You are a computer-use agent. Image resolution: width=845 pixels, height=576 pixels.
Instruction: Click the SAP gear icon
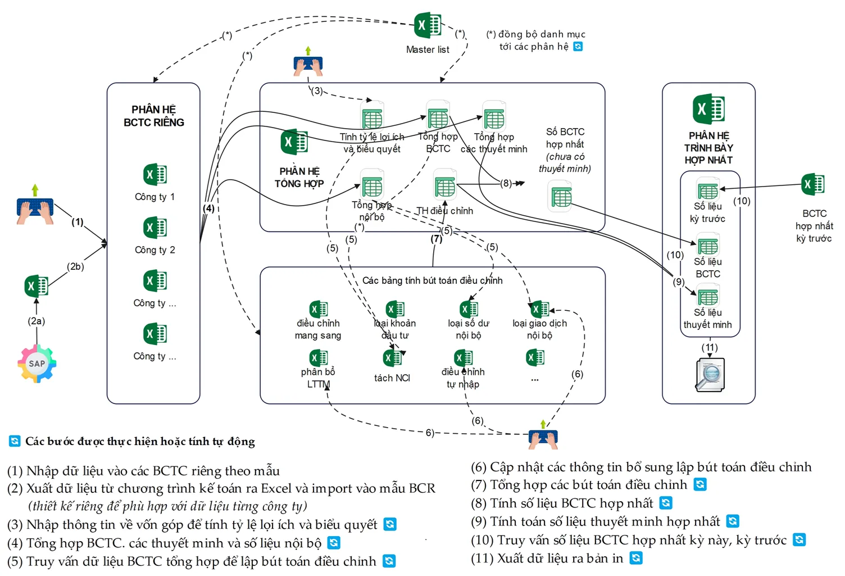click(x=37, y=364)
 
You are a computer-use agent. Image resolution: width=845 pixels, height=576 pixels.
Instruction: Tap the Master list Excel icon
click(x=428, y=25)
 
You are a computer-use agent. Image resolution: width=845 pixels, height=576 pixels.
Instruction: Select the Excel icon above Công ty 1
click(x=155, y=175)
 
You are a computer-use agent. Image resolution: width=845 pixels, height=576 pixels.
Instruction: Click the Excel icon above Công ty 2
click(x=155, y=228)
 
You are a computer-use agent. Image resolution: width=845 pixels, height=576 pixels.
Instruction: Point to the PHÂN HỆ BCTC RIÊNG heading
click(x=153, y=116)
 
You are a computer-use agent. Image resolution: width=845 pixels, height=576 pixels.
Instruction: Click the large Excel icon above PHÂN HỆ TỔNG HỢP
click(x=294, y=142)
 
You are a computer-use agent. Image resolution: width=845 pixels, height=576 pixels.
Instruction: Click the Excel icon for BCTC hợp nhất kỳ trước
click(x=813, y=184)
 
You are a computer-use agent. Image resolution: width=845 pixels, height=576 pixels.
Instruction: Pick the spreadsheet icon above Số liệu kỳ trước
click(x=708, y=191)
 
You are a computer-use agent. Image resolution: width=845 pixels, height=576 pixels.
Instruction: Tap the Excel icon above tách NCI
click(x=392, y=358)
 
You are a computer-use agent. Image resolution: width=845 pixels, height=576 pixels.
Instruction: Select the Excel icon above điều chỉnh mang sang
click(x=319, y=309)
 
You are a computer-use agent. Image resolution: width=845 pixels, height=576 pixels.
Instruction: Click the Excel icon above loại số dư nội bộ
click(x=469, y=309)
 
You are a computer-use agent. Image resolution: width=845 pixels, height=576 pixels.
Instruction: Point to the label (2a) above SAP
click(x=37, y=321)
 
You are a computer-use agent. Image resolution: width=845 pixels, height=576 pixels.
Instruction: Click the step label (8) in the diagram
click(x=506, y=183)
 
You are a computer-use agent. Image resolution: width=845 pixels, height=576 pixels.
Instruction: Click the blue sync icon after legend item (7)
click(x=700, y=484)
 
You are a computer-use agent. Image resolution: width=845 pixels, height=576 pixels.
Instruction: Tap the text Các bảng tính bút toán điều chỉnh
click(x=432, y=280)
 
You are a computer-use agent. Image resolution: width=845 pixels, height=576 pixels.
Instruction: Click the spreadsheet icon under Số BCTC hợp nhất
click(x=561, y=197)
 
